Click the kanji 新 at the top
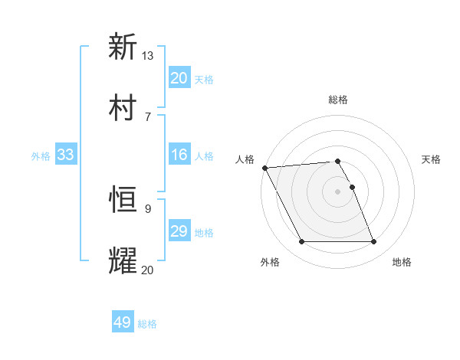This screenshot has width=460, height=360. [123, 47]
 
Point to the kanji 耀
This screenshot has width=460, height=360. [123, 260]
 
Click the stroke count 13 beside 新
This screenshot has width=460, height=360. [148, 56]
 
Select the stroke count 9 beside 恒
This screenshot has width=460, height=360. [148, 208]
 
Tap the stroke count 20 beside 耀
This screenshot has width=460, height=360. [148, 269]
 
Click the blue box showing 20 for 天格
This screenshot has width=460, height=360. [179, 78]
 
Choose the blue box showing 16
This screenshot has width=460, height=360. [179, 155]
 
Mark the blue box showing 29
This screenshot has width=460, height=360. [179, 231]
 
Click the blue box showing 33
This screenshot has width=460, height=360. [65, 155]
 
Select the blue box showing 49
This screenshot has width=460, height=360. [123, 322]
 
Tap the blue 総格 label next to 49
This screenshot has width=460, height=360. [147, 324]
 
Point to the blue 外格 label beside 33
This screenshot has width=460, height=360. [41, 156]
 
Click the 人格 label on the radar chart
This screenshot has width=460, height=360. [246, 159]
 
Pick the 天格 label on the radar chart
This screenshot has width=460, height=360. [432, 159]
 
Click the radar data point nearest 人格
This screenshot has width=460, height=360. [264, 168]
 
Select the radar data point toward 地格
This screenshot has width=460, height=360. [373, 242]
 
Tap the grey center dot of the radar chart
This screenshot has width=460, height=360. [337, 191]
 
